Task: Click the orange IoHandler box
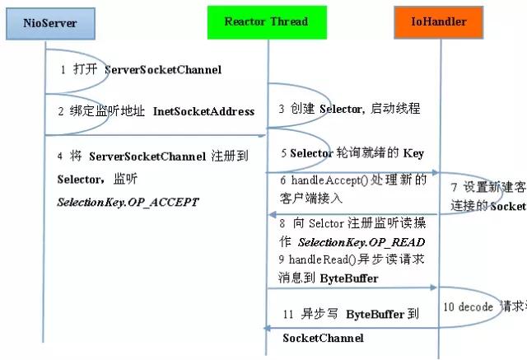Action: click(439, 22)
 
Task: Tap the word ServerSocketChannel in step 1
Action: click(163, 70)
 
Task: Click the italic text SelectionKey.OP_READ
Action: click(361, 242)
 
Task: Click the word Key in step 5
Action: click(413, 153)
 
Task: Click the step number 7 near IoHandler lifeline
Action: click(454, 186)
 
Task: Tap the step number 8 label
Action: click(283, 223)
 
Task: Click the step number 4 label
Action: click(60, 156)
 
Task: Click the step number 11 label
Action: click(287, 315)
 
